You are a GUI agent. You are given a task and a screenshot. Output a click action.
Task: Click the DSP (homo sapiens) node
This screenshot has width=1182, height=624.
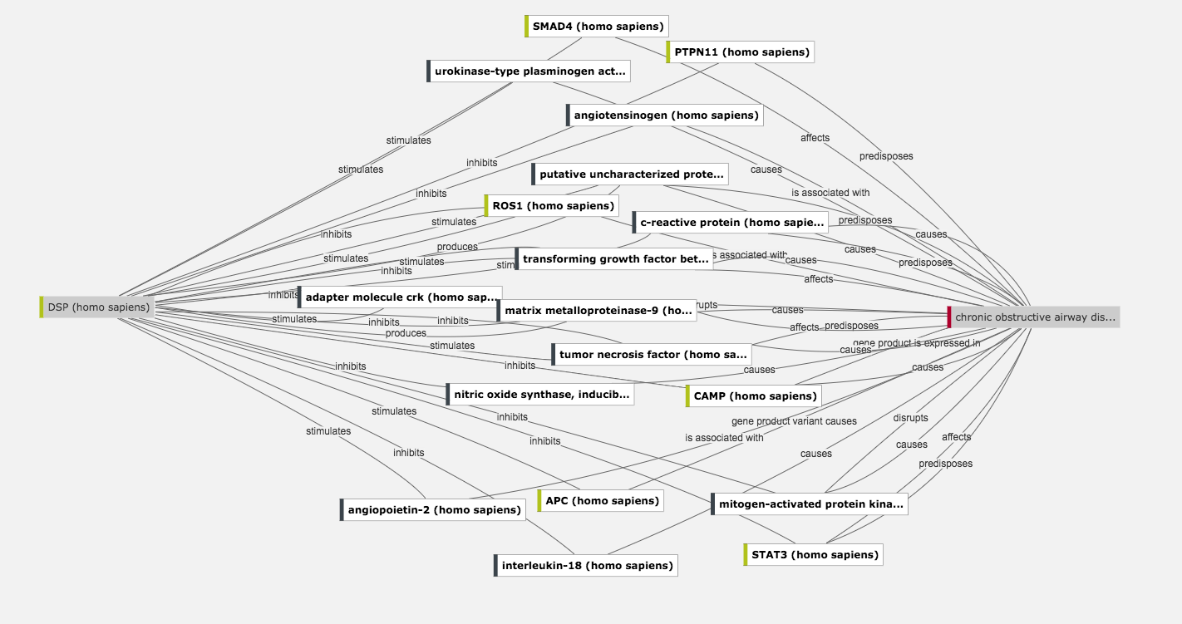click(x=98, y=307)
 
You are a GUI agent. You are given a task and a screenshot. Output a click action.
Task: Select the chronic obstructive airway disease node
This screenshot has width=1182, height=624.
click(x=1034, y=317)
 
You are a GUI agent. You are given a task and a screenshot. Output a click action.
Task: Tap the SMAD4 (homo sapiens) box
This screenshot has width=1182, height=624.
click(x=597, y=27)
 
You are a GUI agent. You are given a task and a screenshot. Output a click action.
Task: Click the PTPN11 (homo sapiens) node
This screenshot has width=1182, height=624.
click(x=740, y=52)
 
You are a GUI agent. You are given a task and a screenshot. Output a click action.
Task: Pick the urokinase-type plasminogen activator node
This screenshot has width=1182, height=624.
click(x=529, y=71)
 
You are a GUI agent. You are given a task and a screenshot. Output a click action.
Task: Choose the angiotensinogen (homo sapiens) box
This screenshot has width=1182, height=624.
click(x=665, y=115)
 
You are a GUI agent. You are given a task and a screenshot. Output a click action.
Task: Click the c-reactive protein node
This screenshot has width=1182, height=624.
click(x=731, y=223)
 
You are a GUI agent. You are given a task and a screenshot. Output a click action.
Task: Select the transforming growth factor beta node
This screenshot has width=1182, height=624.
click(x=614, y=259)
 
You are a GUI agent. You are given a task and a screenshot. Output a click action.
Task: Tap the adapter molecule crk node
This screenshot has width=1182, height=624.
click(x=400, y=297)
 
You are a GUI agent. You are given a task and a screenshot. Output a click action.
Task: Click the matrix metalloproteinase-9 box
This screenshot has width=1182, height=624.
click(x=597, y=311)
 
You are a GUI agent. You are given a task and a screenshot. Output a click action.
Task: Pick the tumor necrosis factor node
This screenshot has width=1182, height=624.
click(x=652, y=355)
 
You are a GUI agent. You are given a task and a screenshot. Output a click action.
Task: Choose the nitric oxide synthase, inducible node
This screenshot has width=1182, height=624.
click(x=541, y=394)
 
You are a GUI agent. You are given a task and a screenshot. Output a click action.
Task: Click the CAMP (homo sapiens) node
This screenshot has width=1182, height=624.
click(x=754, y=396)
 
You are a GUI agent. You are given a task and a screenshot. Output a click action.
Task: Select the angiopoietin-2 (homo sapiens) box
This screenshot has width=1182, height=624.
click(x=433, y=510)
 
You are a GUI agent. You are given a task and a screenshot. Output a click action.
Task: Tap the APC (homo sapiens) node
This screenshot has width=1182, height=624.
click(x=601, y=501)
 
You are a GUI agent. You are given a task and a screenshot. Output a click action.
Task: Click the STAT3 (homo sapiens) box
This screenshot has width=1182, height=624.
click(x=813, y=555)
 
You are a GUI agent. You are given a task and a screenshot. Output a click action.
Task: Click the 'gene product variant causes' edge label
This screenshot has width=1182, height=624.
click(x=794, y=421)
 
